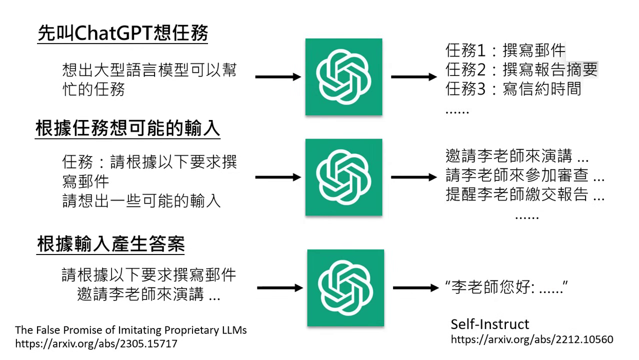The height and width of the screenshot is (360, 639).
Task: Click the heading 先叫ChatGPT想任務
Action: (x=123, y=34)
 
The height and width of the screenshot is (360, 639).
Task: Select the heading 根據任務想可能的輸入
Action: (x=128, y=128)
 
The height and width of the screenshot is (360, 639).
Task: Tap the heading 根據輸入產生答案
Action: (x=111, y=244)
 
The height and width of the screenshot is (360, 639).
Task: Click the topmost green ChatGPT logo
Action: (x=344, y=77)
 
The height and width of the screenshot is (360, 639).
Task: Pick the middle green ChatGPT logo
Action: (x=344, y=177)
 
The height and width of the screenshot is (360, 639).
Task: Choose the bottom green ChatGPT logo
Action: (x=345, y=287)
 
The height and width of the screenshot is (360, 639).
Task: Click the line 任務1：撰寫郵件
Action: (x=505, y=50)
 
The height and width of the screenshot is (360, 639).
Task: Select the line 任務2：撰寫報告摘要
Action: (x=521, y=69)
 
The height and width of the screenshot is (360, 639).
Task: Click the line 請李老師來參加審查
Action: (x=525, y=175)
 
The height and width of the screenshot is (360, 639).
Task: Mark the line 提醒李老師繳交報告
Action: (x=525, y=194)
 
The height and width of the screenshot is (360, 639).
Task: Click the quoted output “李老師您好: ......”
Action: (x=507, y=287)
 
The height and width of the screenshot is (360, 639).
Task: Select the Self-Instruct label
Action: (x=490, y=324)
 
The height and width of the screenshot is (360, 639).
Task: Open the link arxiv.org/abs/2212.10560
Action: (x=532, y=339)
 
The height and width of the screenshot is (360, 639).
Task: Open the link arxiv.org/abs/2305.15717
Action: (x=96, y=344)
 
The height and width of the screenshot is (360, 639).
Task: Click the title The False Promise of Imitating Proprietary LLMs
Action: (x=131, y=330)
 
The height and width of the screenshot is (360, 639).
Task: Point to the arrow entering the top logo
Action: (x=278, y=77)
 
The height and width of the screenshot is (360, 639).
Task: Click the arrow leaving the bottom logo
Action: (x=415, y=287)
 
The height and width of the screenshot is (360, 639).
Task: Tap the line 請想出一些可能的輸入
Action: (x=141, y=200)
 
